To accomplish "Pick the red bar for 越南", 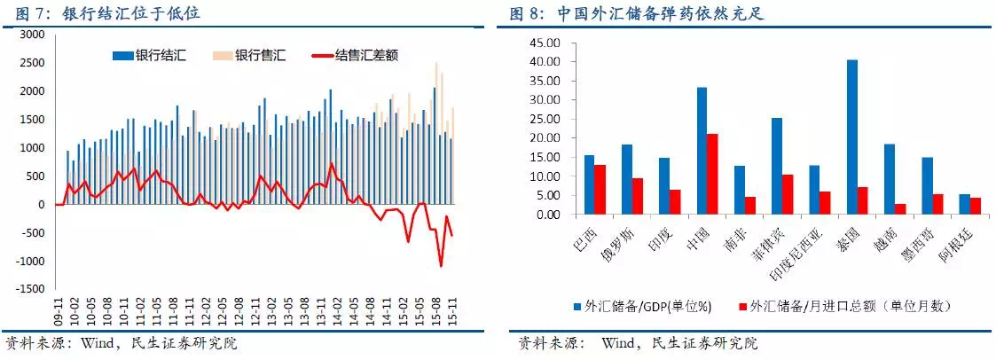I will point(901,209).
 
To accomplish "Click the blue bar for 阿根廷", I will point(965,205).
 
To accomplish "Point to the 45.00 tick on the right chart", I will point(545,43).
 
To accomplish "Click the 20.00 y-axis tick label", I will point(545,138).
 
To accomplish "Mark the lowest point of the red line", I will point(441,265).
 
